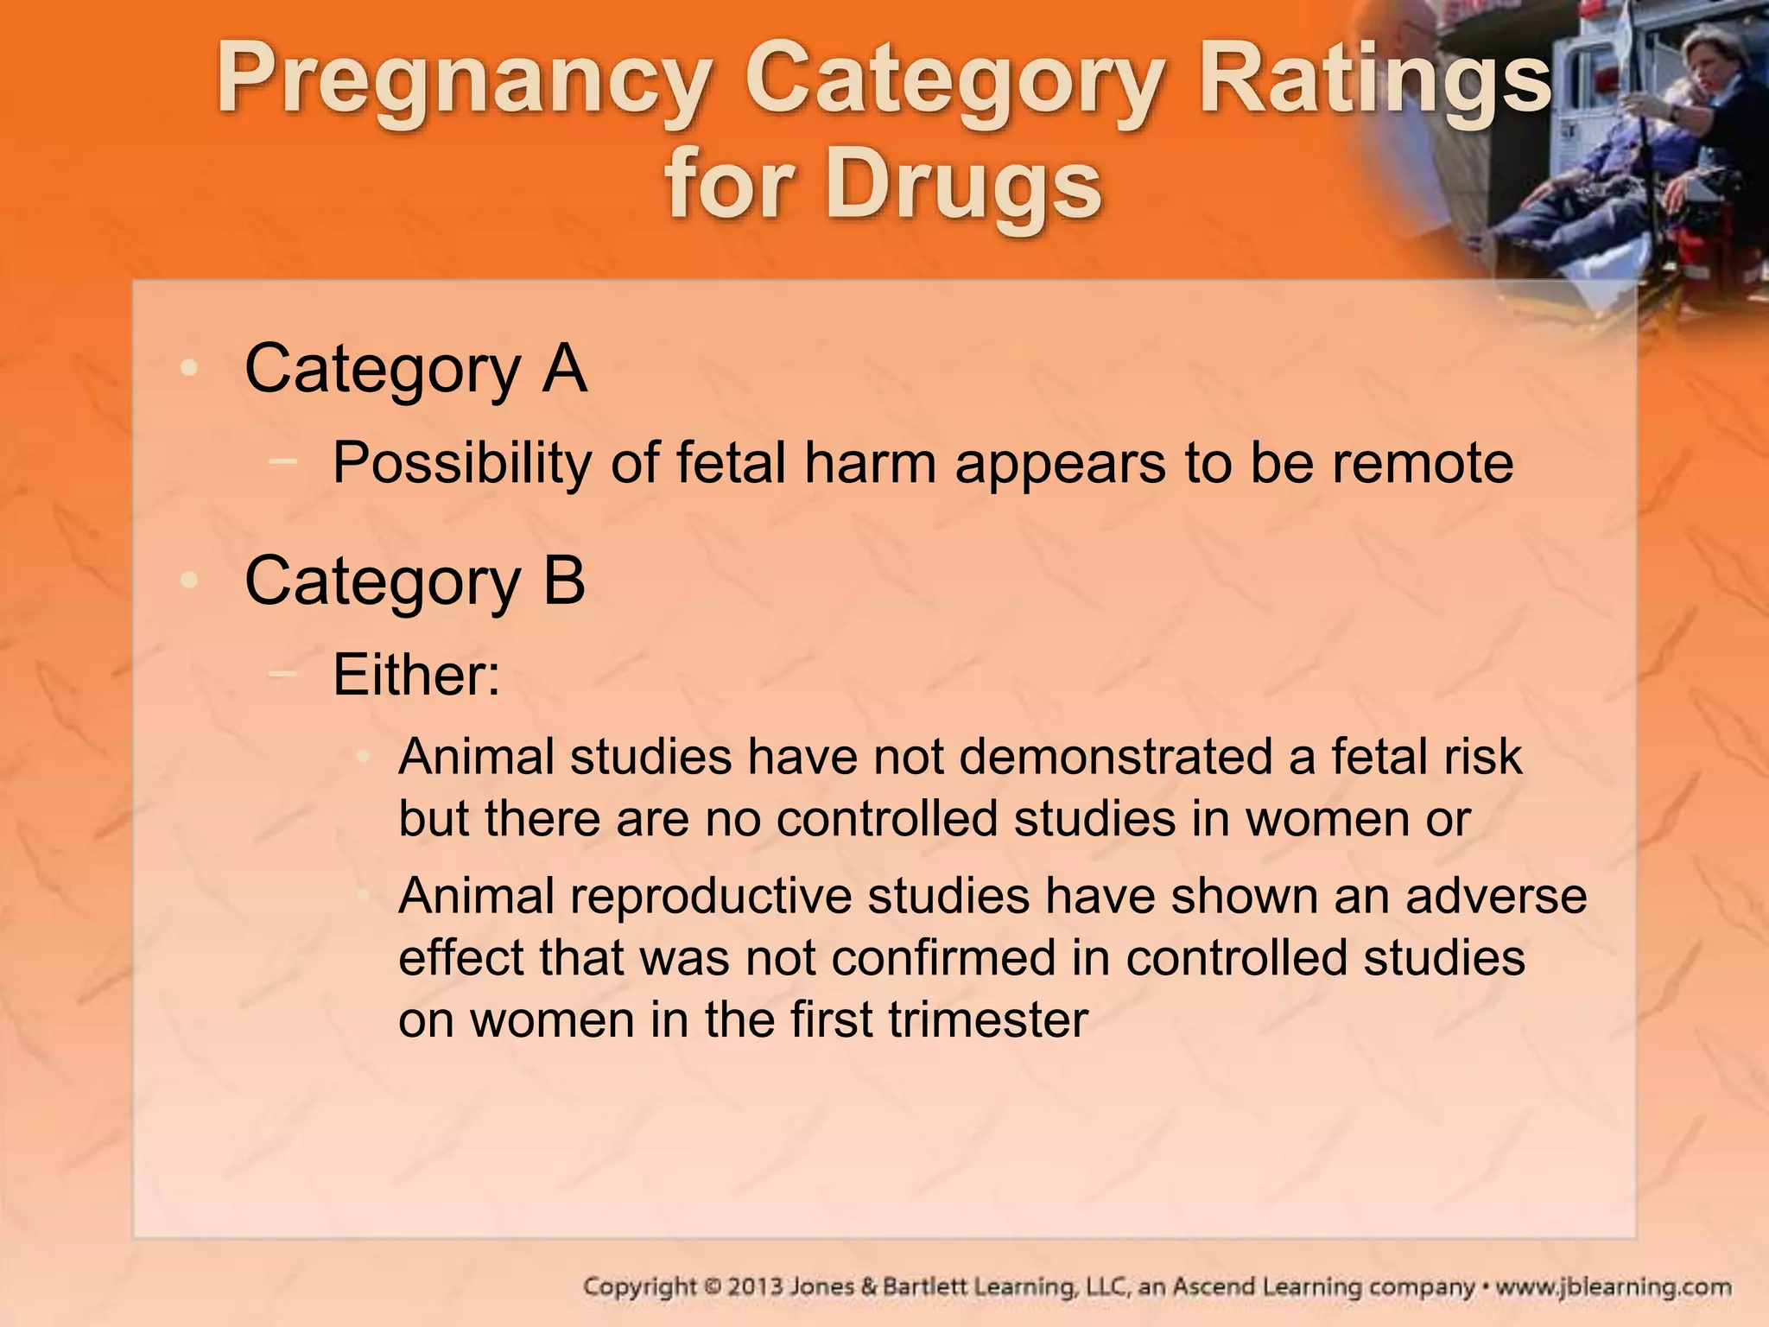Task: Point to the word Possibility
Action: (463, 465)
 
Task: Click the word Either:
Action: (416, 675)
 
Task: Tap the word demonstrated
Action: (1115, 757)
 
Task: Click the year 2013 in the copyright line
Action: (755, 1287)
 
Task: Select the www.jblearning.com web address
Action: (1613, 1287)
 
